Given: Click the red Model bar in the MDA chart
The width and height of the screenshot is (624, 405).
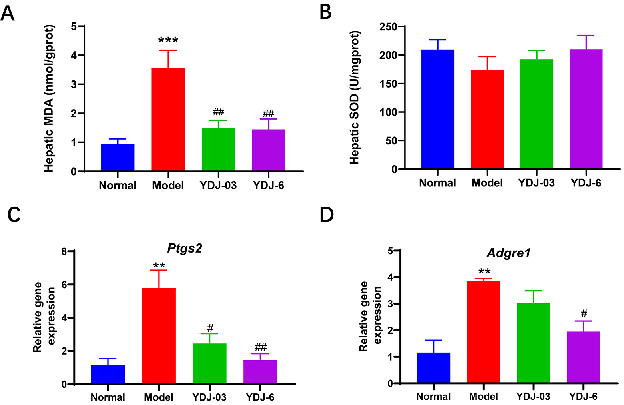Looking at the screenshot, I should (x=168, y=120).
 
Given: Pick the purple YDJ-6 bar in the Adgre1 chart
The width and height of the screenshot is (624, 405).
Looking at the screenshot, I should (x=584, y=357).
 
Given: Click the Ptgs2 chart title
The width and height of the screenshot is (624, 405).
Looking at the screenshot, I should (x=185, y=249).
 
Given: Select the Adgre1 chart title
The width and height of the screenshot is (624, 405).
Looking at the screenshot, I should (x=508, y=253).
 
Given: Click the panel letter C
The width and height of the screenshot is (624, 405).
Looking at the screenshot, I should (x=14, y=215).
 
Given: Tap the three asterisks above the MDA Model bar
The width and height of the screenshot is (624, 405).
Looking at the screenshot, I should (x=168, y=40).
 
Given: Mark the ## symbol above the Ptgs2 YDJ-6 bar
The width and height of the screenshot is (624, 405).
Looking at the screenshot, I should (x=261, y=347).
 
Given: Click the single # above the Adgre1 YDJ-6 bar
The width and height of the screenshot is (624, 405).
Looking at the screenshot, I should (x=584, y=314).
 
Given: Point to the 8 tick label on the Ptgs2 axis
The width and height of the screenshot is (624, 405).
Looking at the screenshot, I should (x=64, y=252).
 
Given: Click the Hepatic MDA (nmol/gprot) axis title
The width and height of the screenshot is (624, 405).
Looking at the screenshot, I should (x=49, y=98).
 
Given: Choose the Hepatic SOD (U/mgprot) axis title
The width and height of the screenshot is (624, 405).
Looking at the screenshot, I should (x=355, y=98).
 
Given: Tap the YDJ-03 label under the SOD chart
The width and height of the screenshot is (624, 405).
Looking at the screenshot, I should (x=536, y=183).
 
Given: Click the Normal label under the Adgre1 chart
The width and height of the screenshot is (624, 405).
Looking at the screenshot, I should (x=433, y=397).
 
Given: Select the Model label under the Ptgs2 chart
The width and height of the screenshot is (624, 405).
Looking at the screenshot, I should (x=159, y=397).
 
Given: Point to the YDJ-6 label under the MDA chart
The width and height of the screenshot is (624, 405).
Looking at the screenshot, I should (x=268, y=186).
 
